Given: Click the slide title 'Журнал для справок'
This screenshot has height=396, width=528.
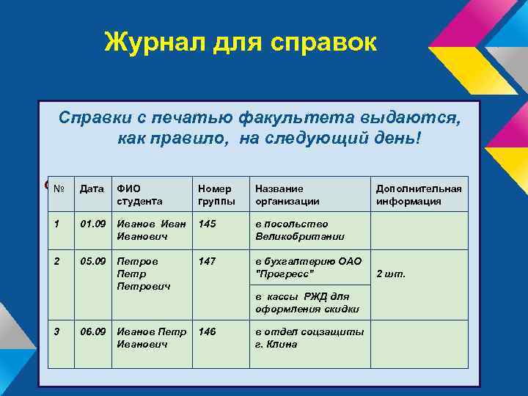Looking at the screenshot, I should coord(241,42).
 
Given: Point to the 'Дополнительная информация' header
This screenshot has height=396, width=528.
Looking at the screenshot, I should coord(419,194).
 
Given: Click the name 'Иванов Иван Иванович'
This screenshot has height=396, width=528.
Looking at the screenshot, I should coord(150,230).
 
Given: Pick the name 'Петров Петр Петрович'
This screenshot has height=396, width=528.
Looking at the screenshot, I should coord(143,273).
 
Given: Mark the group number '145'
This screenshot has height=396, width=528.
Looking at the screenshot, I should coord(208,224).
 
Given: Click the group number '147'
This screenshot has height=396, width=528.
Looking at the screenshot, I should coord(208,260).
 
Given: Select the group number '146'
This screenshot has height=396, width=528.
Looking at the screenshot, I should coord(208,331).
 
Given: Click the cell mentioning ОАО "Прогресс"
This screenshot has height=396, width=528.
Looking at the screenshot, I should coord(307,267).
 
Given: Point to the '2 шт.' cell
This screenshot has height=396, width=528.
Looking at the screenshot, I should coord(390,274).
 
